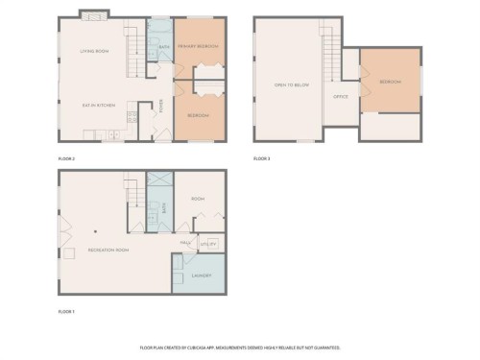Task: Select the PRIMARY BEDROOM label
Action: pos(198,46)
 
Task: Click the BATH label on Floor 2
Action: pos(164,46)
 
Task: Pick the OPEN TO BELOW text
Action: pos(288,85)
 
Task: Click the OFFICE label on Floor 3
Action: pos(340,96)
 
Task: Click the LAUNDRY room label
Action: pos(201,276)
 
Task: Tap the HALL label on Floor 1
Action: pos(186,242)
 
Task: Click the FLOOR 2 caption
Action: pos(67,156)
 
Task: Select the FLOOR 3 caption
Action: pos(263,156)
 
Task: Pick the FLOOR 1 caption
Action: pos(67,311)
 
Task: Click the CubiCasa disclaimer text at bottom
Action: pos(240,347)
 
